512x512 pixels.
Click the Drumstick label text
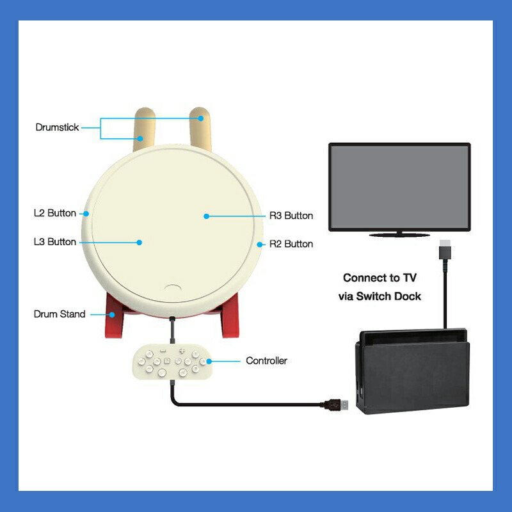point(57,127)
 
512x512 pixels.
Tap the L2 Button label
point(54,213)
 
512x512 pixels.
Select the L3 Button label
point(54,242)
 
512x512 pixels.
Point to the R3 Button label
point(291,216)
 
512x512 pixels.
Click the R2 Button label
point(291,244)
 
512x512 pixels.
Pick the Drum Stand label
point(59,314)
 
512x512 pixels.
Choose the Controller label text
point(266,361)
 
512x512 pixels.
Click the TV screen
point(399,186)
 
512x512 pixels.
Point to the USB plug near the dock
point(337,404)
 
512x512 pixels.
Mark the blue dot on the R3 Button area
point(207,216)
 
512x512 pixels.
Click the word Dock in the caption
point(408,297)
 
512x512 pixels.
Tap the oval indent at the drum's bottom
point(173,289)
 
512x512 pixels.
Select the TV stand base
point(399,235)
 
